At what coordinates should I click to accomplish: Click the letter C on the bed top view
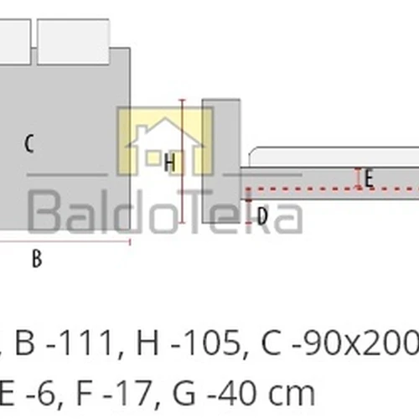click(x=28, y=143)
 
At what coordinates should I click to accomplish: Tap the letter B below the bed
click(x=37, y=259)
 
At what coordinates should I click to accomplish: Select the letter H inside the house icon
click(x=169, y=163)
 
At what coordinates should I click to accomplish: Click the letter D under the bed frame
click(x=261, y=215)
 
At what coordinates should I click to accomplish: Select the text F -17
click(x=115, y=391)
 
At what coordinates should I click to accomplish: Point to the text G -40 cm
click(x=243, y=391)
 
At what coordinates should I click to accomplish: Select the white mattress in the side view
click(x=335, y=157)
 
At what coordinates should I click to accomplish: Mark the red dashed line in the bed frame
click(x=318, y=188)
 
